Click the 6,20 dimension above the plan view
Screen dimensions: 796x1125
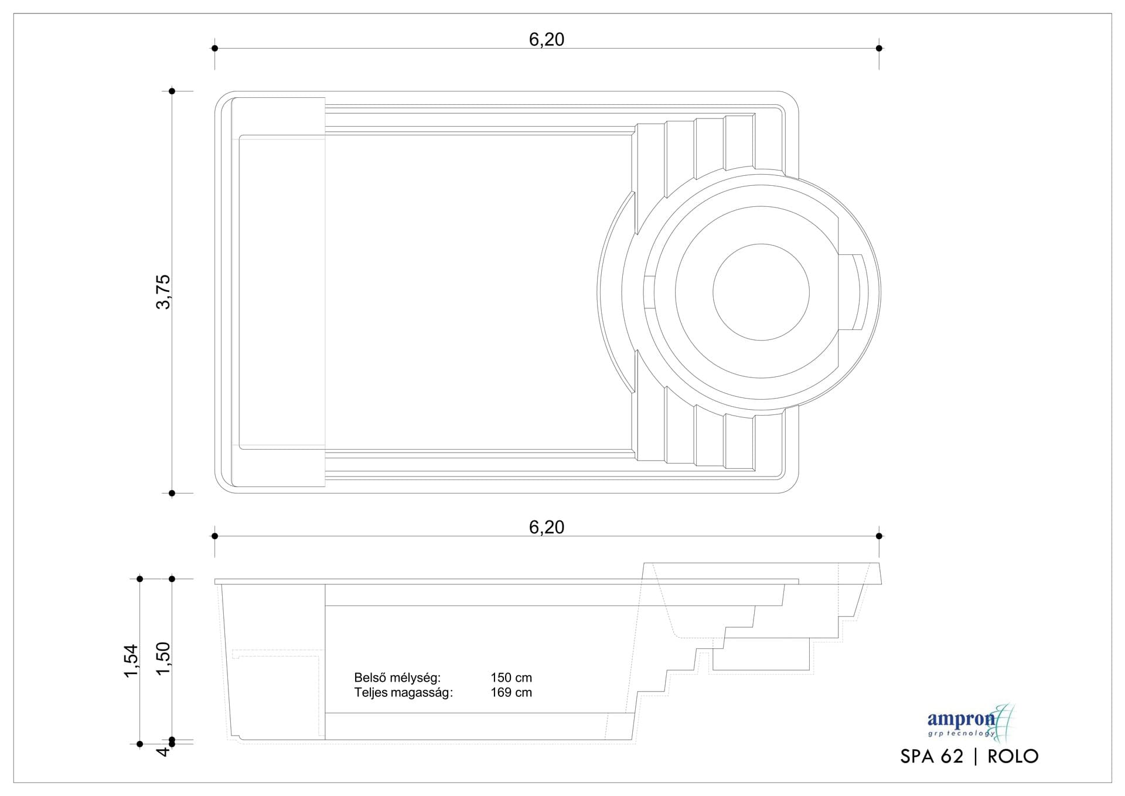(x=546, y=39)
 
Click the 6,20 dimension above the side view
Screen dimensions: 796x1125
(x=546, y=527)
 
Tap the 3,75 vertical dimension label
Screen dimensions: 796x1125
(x=163, y=291)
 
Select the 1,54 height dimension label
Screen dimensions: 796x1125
(x=131, y=661)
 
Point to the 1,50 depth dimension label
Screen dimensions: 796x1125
(x=163, y=658)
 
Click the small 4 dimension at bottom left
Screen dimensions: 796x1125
(x=164, y=750)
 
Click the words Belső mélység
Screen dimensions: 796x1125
(x=397, y=678)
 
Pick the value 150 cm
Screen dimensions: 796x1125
(x=511, y=678)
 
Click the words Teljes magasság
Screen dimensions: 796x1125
(x=403, y=692)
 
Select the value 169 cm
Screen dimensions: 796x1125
(x=511, y=692)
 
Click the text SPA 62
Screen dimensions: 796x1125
(x=931, y=756)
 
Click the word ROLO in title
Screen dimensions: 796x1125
(x=1012, y=756)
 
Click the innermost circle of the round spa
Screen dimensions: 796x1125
(x=761, y=292)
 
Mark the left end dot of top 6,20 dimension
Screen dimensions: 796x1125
(x=215, y=48)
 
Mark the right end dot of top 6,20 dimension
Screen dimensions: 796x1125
(x=879, y=48)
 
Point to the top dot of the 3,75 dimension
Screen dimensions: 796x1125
(x=172, y=91)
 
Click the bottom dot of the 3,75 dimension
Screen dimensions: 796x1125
(x=172, y=493)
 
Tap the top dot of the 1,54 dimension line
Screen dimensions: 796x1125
(x=139, y=579)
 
